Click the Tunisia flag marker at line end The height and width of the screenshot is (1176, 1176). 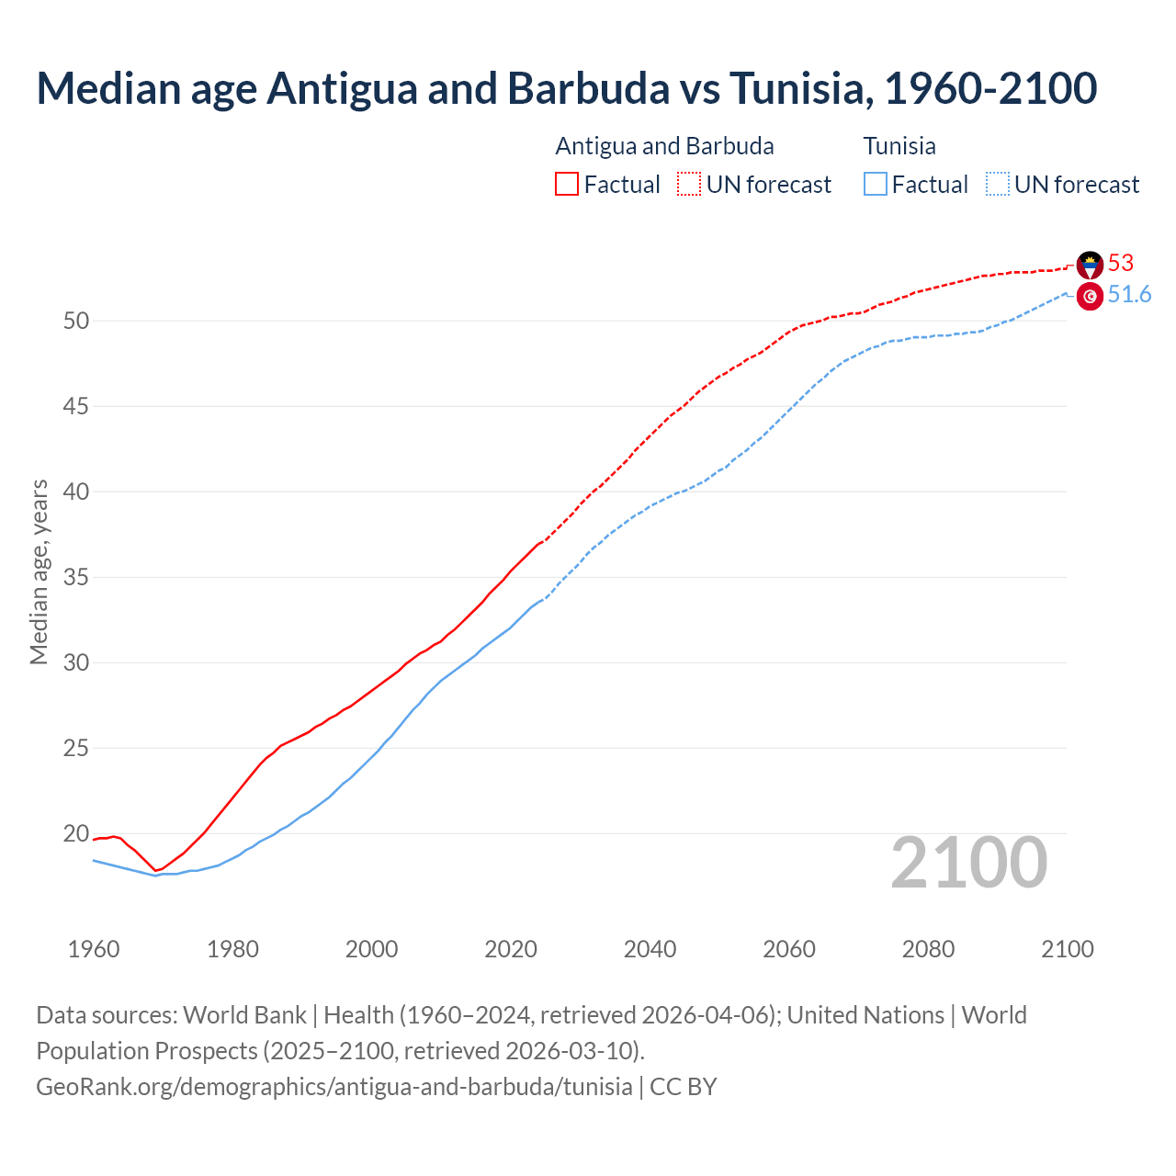[1090, 296]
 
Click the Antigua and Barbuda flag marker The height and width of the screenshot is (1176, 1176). [1090, 265]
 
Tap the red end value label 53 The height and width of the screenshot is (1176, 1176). [1120, 264]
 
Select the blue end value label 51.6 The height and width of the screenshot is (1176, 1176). [1129, 295]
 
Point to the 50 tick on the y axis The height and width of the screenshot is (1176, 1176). [76, 322]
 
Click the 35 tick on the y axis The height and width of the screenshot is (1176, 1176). [76, 578]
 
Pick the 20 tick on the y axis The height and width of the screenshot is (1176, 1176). [76, 834]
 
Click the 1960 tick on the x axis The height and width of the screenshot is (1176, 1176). [94, 949]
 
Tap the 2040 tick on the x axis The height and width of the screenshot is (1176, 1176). [650, 949]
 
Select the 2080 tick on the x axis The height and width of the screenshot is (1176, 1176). [928, 949]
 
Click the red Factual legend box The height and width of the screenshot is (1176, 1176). [567, 185]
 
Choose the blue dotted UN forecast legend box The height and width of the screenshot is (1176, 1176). [998, 185]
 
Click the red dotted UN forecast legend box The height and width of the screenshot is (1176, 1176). [689, 185]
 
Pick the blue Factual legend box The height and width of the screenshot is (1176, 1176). [876, 185]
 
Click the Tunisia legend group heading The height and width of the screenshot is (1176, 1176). [899, 146]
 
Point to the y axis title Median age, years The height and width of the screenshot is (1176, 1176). [39, 571]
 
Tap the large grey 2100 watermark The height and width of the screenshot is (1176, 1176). [968, 863]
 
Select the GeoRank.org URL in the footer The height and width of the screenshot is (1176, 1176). [334, 1087]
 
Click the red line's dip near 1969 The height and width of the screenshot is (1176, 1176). [156, 870]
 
